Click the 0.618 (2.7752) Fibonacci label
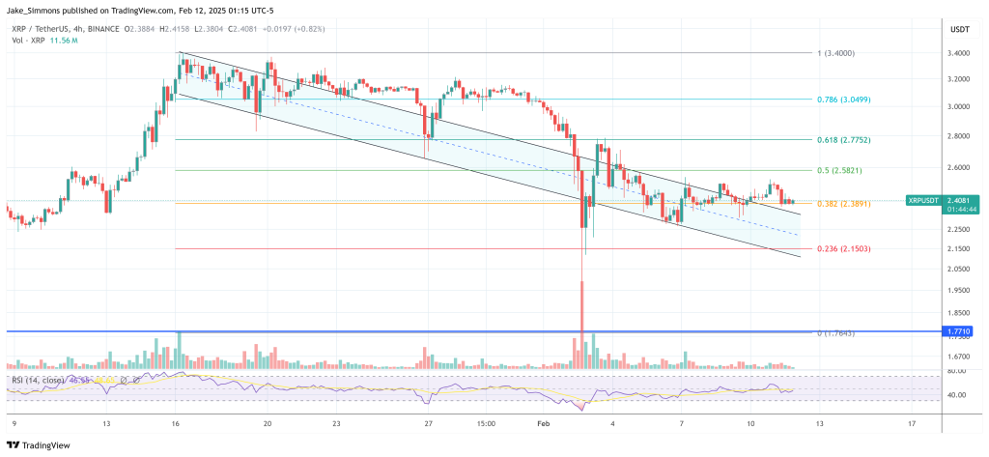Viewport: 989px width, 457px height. point(845,139)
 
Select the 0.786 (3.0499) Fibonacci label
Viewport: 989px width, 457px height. point(845,99)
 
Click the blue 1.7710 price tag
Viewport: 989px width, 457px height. point(959,331)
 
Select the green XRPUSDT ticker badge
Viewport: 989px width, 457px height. point(924,200)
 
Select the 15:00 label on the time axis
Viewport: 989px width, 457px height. point(486,423)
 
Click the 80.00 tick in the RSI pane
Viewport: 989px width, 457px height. point(958,371)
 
